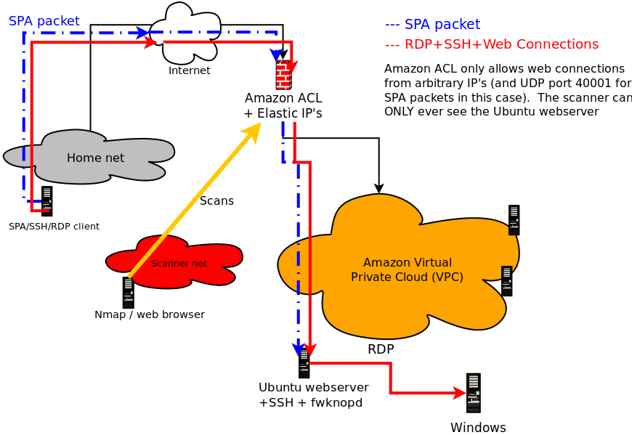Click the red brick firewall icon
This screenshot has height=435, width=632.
point(283,75)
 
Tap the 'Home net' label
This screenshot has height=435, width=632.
point(95,158)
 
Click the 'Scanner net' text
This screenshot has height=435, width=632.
point(179,264)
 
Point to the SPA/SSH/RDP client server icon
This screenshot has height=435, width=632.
point(46,201)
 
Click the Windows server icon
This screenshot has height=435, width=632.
point(474,393)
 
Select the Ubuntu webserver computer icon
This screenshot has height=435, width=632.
point(304,364)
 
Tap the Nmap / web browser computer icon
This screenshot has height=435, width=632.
point(129,293)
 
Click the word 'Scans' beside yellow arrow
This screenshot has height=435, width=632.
point(216,201)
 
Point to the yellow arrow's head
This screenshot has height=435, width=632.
point(255,129)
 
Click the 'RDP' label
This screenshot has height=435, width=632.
point(381,349)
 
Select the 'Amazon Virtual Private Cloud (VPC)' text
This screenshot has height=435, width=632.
point(407,269)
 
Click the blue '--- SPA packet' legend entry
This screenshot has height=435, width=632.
point(432,25)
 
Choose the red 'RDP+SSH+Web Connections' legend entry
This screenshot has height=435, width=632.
point(492,44)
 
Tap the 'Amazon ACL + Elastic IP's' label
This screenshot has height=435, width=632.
point(283,106)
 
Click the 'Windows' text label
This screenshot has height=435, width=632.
point(478,428)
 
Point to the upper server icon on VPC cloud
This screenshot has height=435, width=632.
point(514,220)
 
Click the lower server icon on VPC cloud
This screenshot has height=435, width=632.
point(506,281)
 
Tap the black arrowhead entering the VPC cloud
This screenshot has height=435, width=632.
point(378,188)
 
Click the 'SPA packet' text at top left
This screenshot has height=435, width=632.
point(44,21)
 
